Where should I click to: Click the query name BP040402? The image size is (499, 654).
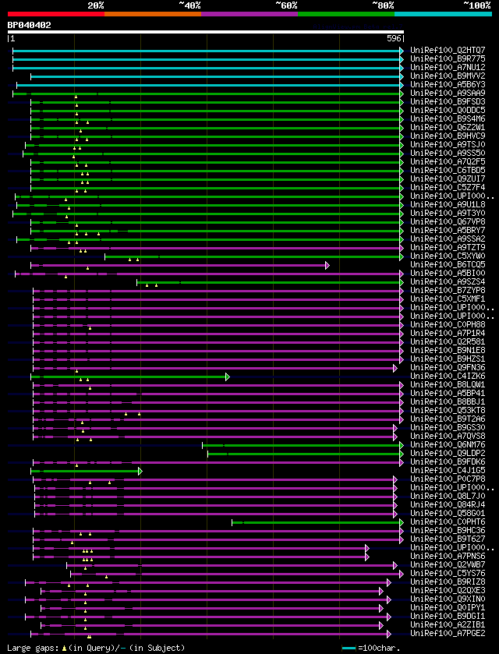coord(30,25)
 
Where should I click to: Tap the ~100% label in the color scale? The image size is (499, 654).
coord(476,5)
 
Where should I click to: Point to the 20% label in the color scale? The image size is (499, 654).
coord(96,5)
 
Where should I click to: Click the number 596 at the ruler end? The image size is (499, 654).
coord(394,38)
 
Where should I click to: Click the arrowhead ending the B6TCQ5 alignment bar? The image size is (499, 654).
coord(327,265)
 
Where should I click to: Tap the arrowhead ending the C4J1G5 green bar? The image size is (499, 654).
coord(140,471)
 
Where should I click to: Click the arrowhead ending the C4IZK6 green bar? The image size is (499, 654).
coord(228,376)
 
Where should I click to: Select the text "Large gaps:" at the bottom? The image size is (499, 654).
coord(30,648)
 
